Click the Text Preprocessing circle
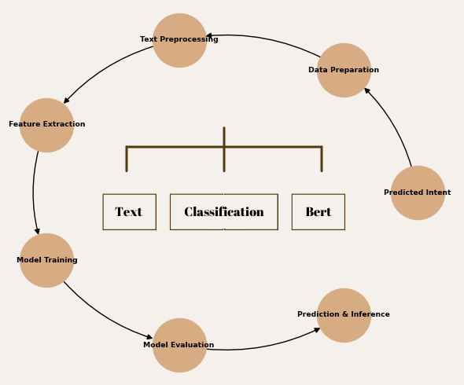click(179, 40)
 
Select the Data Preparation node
click(344, 70)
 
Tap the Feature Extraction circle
click(46, 125)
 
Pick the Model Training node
click(46, 260)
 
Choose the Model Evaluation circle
click(179, 345)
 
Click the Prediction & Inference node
click(344, 315)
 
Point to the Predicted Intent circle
click(418, 192)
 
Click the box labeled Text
click(129, 212)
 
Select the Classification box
click(224, 212)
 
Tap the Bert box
click(318, 212)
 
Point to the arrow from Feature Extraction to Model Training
click(34, 192)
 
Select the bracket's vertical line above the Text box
click(127, 159)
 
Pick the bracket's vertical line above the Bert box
click(322, 159)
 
